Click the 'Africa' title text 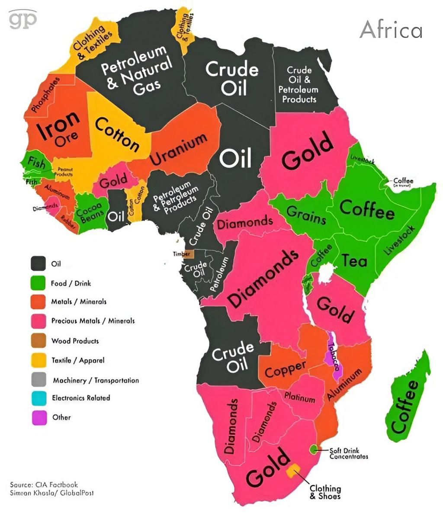[391, 30]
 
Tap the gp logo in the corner [23, 19]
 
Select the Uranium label [179, 149]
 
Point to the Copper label [285, 369]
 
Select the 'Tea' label [354, 260]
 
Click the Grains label [306, 215]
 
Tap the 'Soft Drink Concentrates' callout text [349, 453]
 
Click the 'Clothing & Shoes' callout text [325, 492]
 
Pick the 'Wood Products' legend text [75, 341]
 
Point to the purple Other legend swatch [39, 417]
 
